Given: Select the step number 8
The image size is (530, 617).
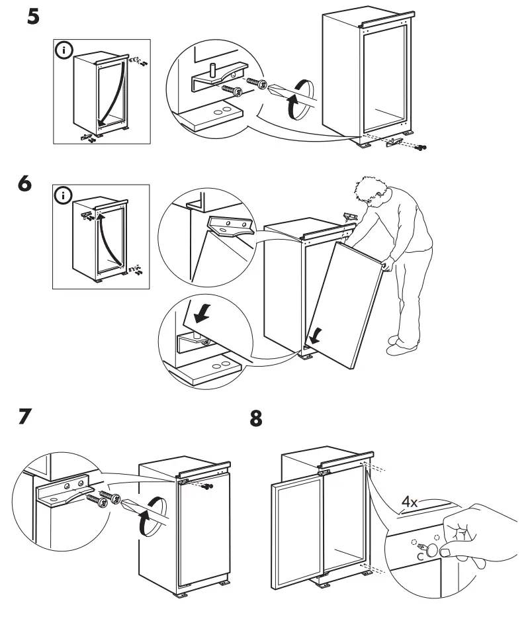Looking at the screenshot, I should tap(255, 420).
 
